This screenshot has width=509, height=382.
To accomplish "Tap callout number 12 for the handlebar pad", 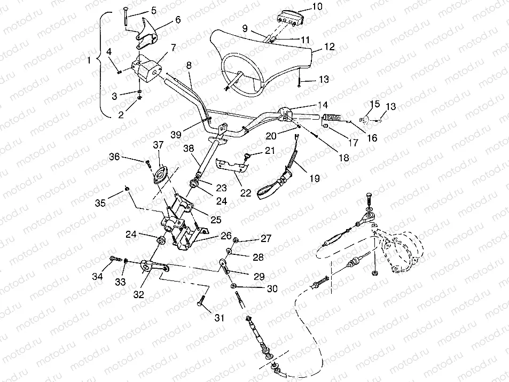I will pyautogui.click(x=329, y=47).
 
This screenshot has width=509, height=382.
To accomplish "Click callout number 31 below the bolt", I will pyautogui.click(x=220, y=318).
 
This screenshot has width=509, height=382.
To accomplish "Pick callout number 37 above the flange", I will pyautogui.click(x=158, y=145).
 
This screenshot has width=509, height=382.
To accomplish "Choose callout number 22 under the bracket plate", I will pyautogui.click(x=245, y=193).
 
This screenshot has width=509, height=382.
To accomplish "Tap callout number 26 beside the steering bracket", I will pyautogui.click(x=225, y=236).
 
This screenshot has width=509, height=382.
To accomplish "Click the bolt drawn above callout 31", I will pyautogui.click(x=201, y=300).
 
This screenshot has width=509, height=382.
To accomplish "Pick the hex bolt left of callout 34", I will pyautogui.click(x=114, y=260).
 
